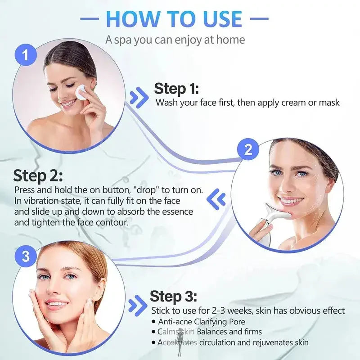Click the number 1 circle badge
click(26, 56)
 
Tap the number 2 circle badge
click(248, 150)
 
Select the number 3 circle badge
click(26, 256)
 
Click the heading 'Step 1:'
click(176, 89)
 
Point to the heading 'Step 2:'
click(38, 175)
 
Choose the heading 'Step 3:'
click(173, 297)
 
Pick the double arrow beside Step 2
click(215, 197)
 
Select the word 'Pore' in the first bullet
click(237, 322)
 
